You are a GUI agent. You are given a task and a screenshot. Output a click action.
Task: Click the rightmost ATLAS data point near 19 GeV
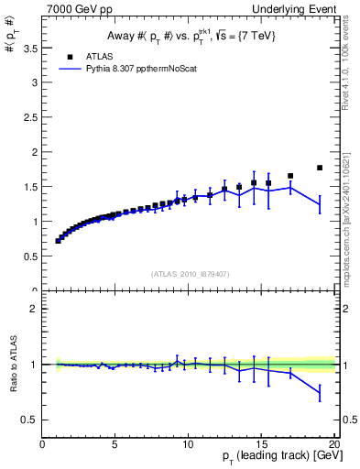click(x=320, y=168)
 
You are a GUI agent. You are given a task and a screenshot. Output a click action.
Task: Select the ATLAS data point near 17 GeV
click(x=290, y=176)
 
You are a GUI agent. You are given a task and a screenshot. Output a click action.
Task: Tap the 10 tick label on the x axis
click(x=188, y=444)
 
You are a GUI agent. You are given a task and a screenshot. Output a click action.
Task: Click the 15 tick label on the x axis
click(x=261, y=444)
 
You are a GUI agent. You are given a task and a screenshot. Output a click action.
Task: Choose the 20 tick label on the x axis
click(x=333, y=444)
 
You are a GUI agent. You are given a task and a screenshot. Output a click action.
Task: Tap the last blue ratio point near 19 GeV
click(x=320, y=392)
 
